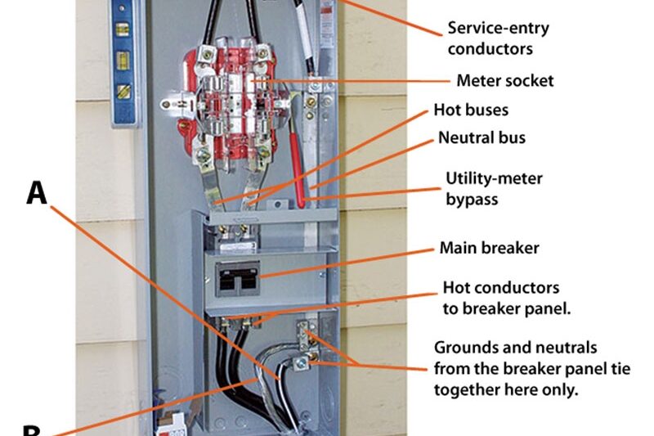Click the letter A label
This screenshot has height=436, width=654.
coord(37,193)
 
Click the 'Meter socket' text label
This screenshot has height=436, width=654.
coord(504,80)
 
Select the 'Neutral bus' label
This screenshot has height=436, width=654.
coord(482,137)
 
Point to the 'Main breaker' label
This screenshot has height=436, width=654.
coord(489,247)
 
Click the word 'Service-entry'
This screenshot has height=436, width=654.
coord(498,29)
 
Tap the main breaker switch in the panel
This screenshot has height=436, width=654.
coord(237,278)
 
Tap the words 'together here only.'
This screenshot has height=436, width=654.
coord(506,389)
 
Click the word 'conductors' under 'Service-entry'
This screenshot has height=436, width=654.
coord(489,49)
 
